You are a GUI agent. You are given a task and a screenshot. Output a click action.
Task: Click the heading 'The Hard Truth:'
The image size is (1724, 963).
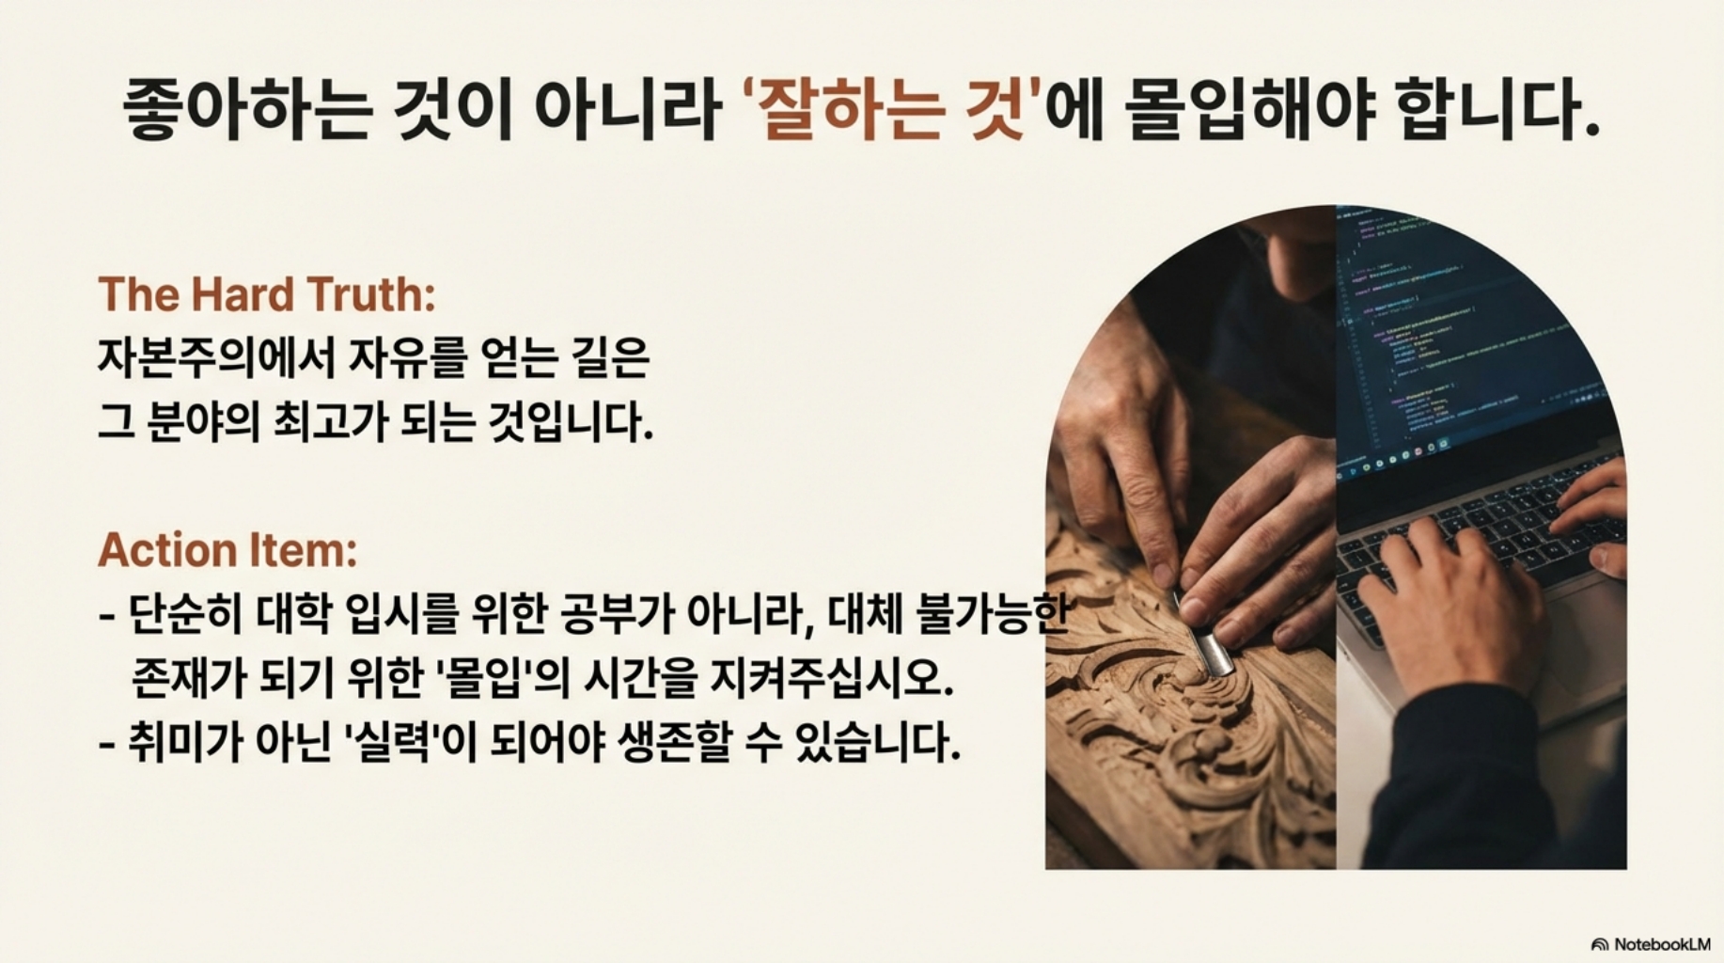pos(267,294)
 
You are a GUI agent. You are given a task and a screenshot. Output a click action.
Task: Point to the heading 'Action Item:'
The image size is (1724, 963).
pos(227,550)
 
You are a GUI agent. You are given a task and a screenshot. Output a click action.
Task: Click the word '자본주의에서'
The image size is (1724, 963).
pos(216,357)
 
